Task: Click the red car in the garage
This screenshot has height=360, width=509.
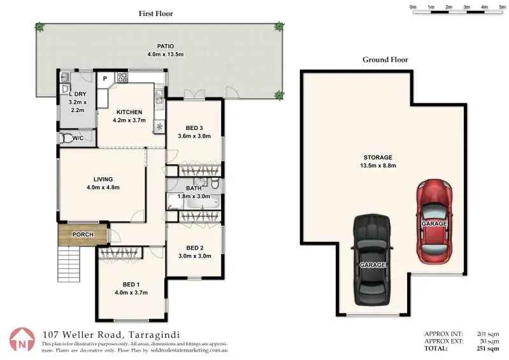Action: [434, 221]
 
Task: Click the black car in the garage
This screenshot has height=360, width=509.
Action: [372, 260]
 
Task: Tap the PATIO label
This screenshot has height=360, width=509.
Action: [166, 47]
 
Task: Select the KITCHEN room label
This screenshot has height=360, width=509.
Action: [129, 112]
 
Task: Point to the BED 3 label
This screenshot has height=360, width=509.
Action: [194, 128]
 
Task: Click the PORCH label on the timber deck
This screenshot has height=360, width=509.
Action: [83, 234]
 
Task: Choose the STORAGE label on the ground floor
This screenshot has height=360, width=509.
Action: [378, 157]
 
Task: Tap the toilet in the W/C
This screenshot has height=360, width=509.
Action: [66, 138]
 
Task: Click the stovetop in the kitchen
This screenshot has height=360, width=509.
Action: [122, 77]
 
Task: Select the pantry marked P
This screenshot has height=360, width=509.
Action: [105, 78]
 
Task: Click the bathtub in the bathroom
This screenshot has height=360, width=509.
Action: [201, 202]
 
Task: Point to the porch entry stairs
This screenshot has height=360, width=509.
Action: [69, 264]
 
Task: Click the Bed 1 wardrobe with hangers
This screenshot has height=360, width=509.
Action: [120, 252]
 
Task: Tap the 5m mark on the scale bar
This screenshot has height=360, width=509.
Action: [502, 7]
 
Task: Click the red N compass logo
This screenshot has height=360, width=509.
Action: [22, 340]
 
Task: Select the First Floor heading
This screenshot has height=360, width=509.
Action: [156, 13]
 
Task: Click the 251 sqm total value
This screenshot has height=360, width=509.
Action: [487, 349]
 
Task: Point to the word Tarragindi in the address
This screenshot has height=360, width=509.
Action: [154, 335]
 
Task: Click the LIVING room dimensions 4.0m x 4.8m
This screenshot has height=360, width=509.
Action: [103, 187]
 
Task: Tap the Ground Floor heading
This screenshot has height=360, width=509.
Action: [385, 60]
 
